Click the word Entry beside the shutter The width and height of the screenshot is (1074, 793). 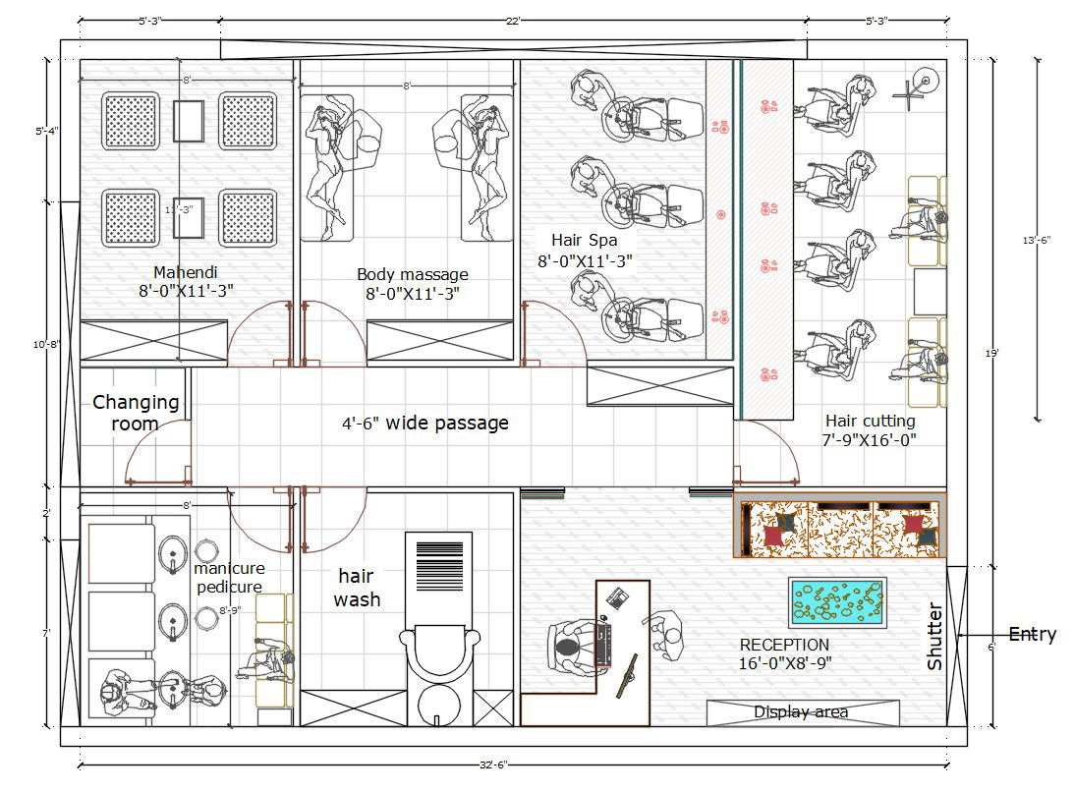pos(1032,634)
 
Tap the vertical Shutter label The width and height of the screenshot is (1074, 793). pos(934,636)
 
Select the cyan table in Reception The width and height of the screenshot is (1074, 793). pos(838,602)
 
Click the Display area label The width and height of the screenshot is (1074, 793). pos(801,712)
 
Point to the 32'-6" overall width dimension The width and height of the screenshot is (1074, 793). pos(493,765)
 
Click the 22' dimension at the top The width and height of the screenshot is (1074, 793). pos(513,21)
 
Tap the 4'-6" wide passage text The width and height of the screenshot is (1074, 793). pos(425,424)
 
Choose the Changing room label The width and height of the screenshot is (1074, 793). pos(136,413)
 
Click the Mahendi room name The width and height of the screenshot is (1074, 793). pos(185,272)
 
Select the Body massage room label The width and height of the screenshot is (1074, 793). pos(413,274)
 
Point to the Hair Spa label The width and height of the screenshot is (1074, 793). pos(585,240)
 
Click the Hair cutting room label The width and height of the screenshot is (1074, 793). pos(870,421)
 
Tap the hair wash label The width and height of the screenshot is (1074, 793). pos(357,588)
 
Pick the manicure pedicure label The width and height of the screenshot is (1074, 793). pos(229,577)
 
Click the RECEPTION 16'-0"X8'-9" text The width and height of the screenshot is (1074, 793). pos(785,654)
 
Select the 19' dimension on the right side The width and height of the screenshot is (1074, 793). pos(991,354)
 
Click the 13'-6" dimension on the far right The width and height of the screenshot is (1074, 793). pos(1037,240)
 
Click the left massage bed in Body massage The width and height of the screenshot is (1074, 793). pos(327,168)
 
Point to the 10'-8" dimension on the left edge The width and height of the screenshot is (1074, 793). pos(46,344)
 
